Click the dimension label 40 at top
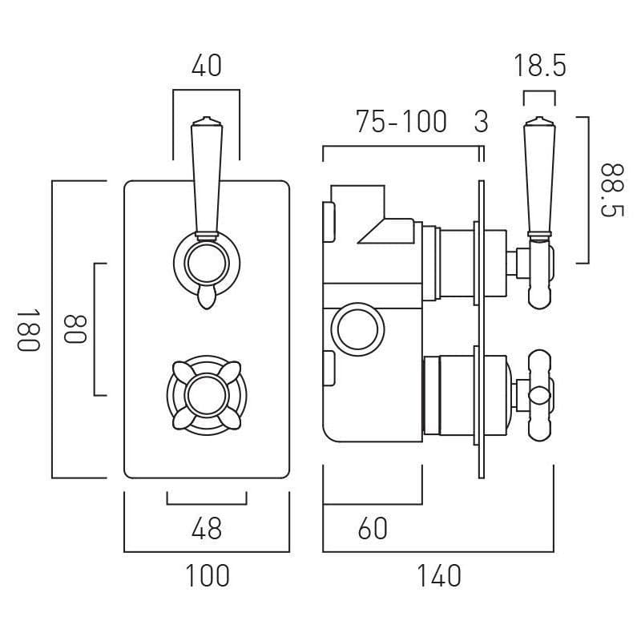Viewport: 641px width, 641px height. (x=206, y=66)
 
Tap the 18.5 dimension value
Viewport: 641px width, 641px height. (x=539, y=66)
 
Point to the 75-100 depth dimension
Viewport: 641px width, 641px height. (x=401, y=122)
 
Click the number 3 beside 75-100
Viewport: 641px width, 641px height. (x=481, y=122)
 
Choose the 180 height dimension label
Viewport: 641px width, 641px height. (x=27, y=329)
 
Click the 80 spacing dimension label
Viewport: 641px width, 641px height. (x=74, y=329)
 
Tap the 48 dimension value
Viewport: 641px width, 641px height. (x=206, y=528)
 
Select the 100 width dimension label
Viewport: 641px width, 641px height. (x=206, y=575)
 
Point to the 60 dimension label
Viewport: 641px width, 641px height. (x=373, y=528)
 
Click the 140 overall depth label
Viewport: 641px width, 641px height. (x=438, y=575)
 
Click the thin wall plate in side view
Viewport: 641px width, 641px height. (x=481, y=329)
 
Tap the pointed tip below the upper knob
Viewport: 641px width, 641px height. (x=206, y=300)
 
